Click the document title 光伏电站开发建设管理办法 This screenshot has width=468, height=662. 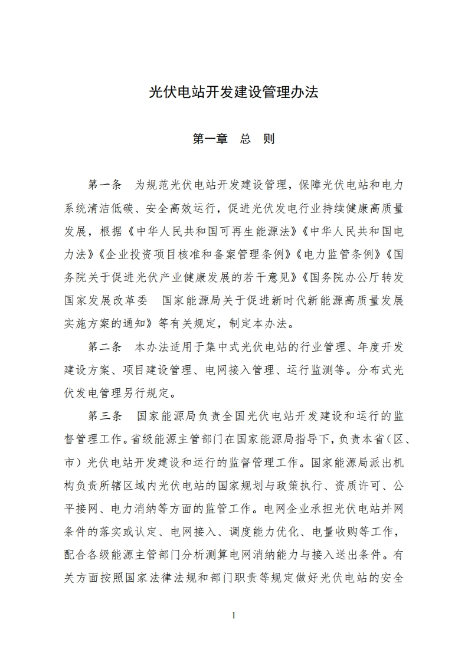pos(234,93)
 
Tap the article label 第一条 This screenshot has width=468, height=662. pos(104,185)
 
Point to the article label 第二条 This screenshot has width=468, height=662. pos(104,346)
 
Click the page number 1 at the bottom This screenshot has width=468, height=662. pos(234,615)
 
